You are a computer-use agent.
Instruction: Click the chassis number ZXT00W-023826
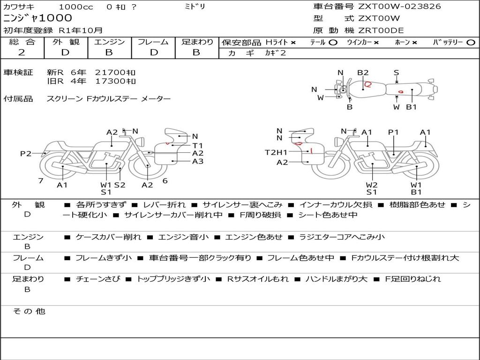[x=399, y=7]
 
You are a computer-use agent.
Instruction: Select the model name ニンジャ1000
[x=37, y=18]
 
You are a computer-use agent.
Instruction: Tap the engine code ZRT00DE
[x=381, y=30]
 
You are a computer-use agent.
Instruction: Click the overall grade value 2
[x=22, y=52]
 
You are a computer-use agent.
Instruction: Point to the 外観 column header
[x=66, y=42]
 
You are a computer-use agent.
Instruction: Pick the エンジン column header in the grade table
[x=109, y=42]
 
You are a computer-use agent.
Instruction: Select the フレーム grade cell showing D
[x=154, y=52]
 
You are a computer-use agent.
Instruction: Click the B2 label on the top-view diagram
[x=363, y=73]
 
